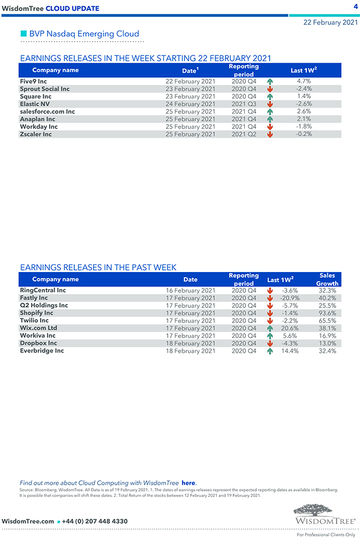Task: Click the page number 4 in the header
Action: (354, 6)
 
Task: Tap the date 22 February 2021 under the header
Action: (330, 23)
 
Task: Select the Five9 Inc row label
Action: (33, 81)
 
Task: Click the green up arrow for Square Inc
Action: (270, 96)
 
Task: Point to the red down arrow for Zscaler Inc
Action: (270, 134)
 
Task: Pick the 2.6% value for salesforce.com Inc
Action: (304, 111)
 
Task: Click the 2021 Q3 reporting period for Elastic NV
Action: (244, 104)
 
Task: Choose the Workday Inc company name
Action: (39, 127)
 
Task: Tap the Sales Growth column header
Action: (327, 279)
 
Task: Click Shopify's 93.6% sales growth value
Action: (327, 313)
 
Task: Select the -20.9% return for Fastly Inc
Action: (290, 298)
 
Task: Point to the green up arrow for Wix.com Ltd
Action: (270, 328)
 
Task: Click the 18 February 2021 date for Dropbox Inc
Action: (191, 343)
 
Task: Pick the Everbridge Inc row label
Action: (42, 351)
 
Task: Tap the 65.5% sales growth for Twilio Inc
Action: (327, 320)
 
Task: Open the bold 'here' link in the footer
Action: (188, 483)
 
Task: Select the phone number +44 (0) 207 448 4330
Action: (95, 521)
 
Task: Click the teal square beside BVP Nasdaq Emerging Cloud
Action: (23, 34)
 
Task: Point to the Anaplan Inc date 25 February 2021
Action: (191, 119)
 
